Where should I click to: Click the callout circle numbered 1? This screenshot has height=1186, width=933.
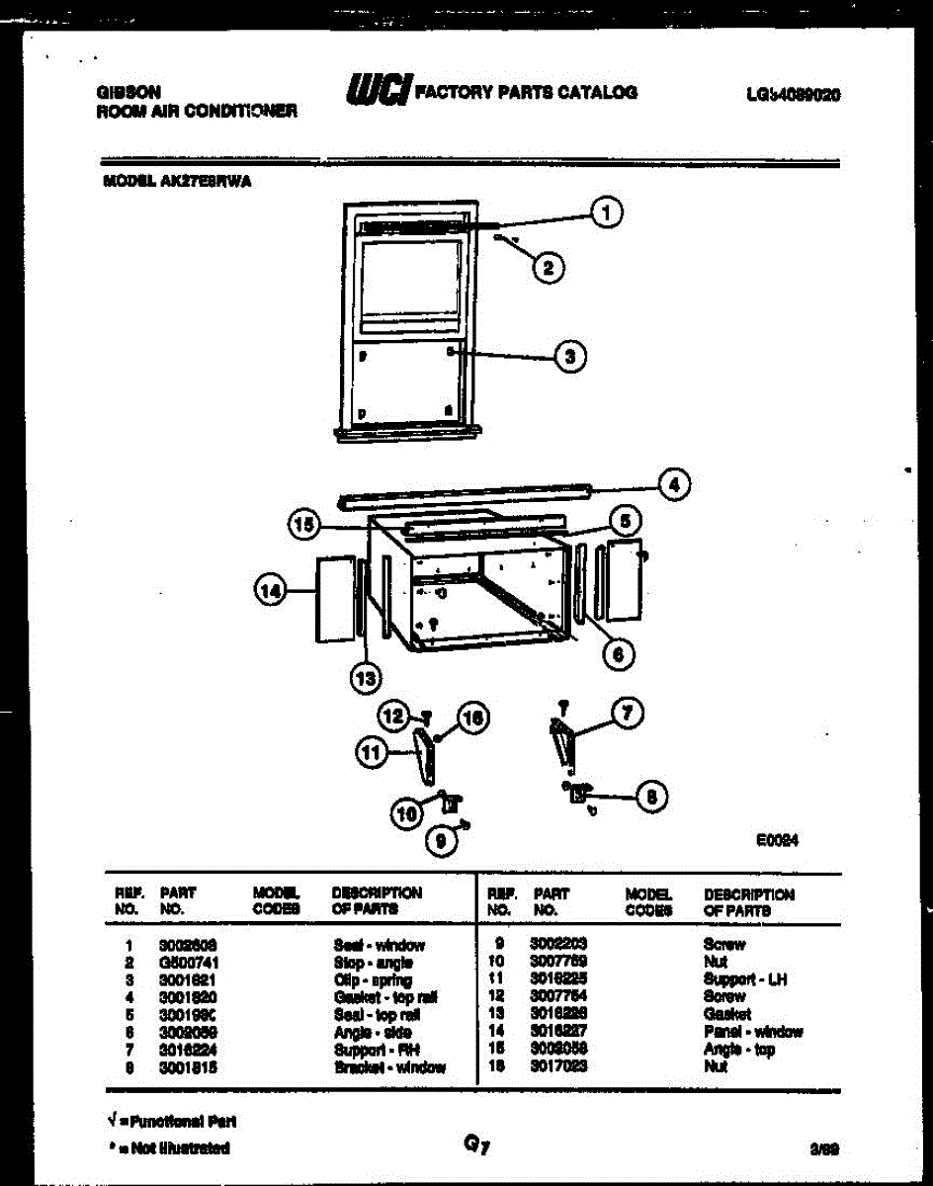click(x=608, y=212)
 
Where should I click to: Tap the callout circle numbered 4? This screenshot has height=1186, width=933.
click(x=674, y=484)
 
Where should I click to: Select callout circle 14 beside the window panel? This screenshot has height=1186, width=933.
click(x=270, y=591)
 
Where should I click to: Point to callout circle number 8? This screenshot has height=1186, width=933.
click(x=650, y=797)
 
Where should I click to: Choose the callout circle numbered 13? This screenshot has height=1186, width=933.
click(x=367, y=678)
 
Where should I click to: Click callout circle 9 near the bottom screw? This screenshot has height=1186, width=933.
click(x=442, y=841)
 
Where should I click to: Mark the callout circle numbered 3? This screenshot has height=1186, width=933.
click(x=569, y=356)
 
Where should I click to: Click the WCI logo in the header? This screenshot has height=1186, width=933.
click(x=377, y=91)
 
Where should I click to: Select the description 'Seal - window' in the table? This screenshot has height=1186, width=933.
click(x=379, y=945)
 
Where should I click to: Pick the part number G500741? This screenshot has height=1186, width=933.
click(x=188, y=963)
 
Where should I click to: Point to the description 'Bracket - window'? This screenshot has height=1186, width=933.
click(x=389, y=1067)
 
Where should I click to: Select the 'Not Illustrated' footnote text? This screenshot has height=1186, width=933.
click(x=173, y=1148)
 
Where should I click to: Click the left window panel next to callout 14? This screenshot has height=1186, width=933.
click(x=334, y=599)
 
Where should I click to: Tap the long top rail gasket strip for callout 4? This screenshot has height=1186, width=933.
click(x=465, y=494)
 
